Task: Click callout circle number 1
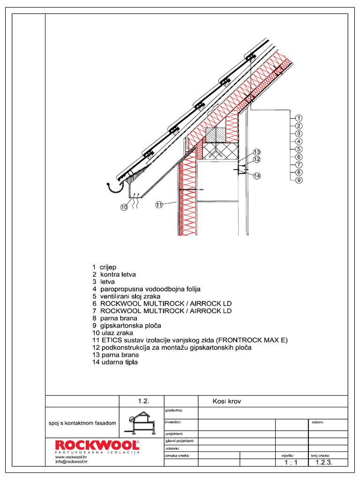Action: [299, 118]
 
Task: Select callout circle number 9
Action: [299, 180]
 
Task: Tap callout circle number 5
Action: [299, 149]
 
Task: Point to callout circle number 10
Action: [124, 207]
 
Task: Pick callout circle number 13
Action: [256, 152]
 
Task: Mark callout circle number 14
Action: [256, 176]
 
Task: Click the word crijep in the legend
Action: [108, 267]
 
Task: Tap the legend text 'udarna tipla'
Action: [119, 362]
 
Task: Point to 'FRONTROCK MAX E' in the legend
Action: [258, 340]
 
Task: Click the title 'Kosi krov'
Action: [226, 401]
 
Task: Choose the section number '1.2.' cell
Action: [143, 401]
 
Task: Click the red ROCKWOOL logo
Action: [97, 445]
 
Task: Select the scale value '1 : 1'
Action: [291, 462]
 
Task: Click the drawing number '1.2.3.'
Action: [324, 462]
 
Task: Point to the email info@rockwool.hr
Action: [71, 461]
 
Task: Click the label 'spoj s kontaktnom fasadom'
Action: [82, 423]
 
